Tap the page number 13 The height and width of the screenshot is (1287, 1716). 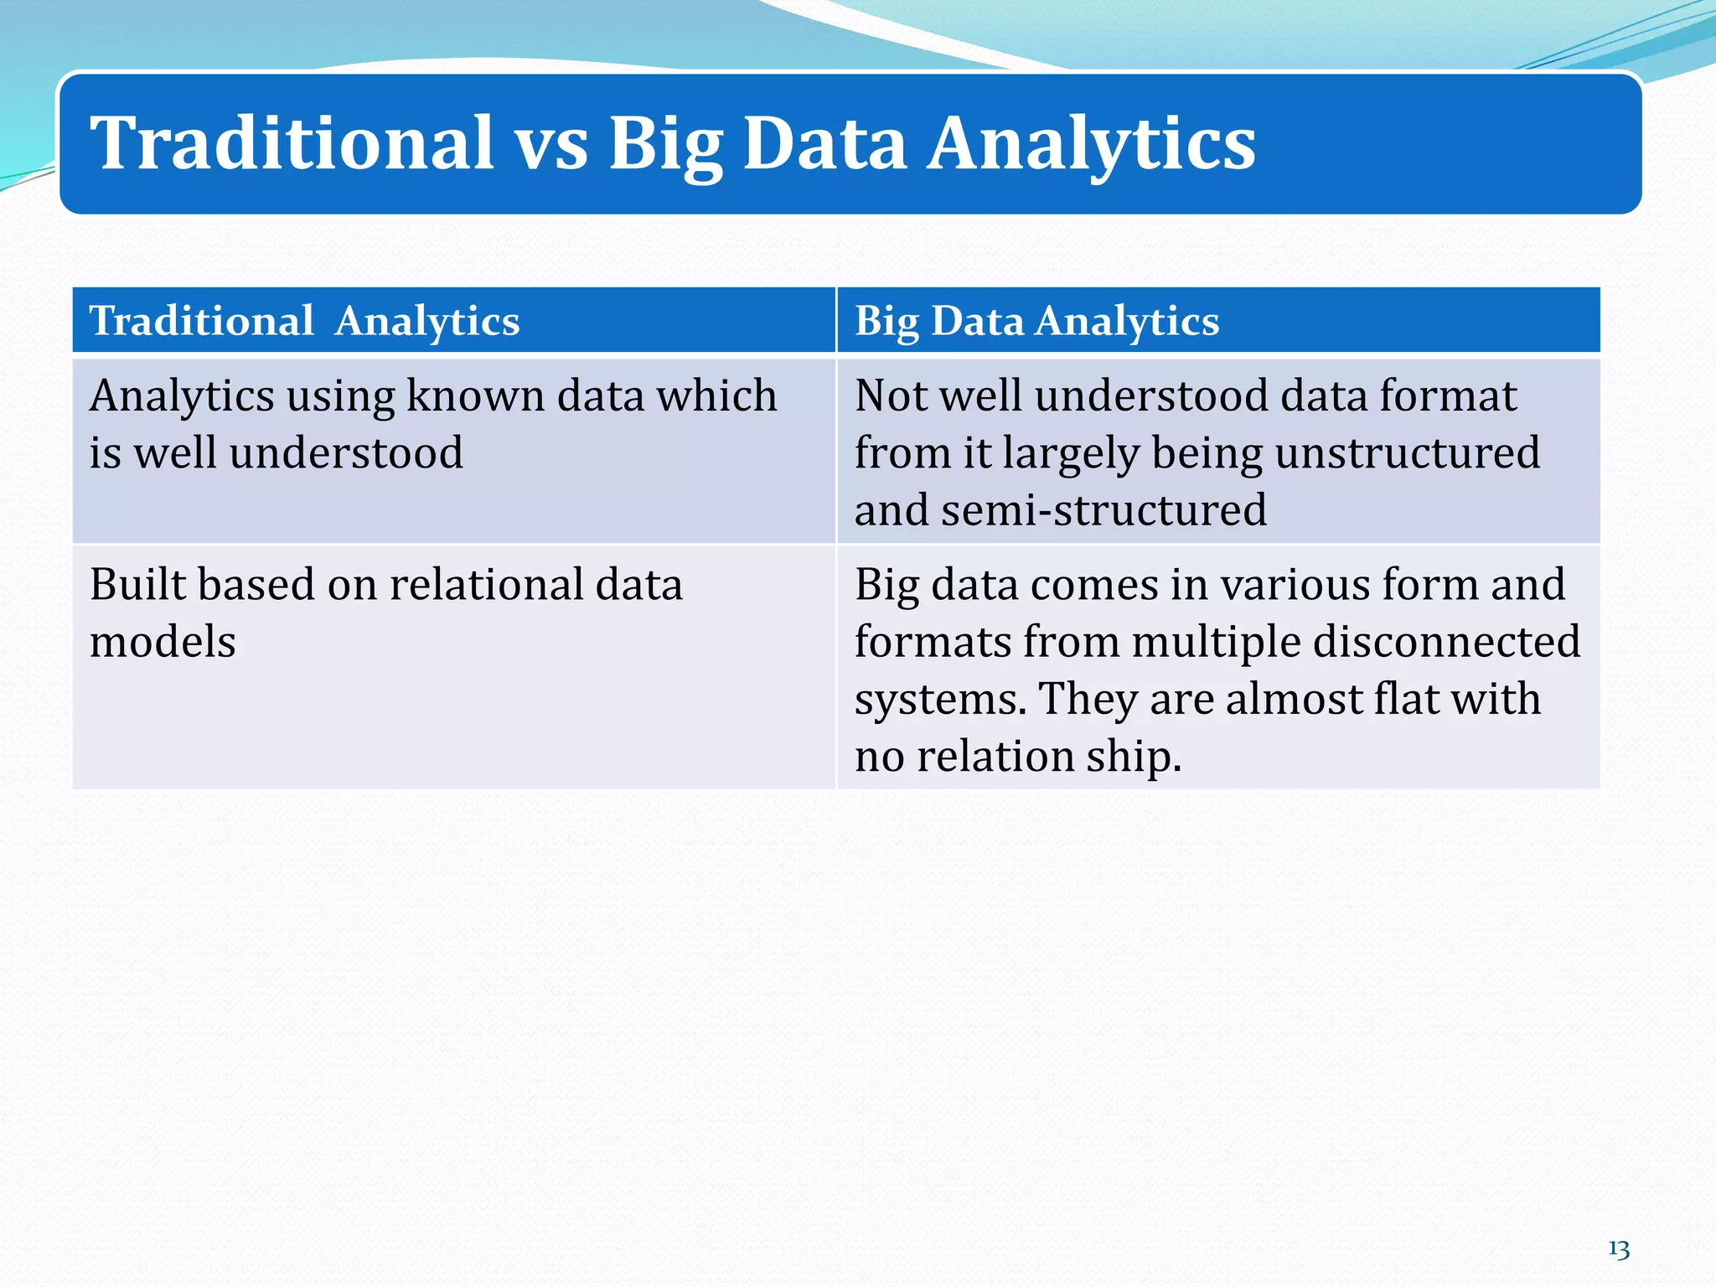[x=1619, y=1249]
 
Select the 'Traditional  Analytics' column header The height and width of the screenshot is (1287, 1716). [x=304, y=321]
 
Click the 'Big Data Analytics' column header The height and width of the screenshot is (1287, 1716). [x=1036, y=321]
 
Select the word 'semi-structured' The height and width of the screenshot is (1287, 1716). [x=1104, y=510]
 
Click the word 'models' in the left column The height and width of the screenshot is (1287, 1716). [x=163, y=642]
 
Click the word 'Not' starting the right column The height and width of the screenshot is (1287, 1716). [x=890, y=395]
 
